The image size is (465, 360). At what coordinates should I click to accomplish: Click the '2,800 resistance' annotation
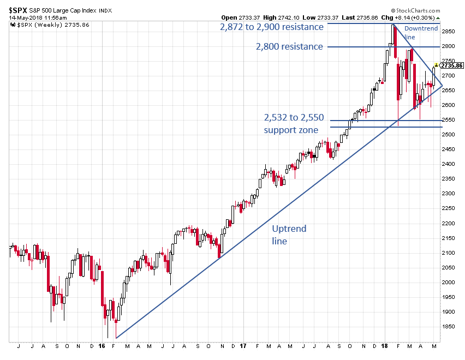point(289,47)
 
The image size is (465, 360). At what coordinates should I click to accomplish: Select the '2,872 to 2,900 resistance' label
point(272,27)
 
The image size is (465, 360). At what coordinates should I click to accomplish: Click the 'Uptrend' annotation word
point(289,229)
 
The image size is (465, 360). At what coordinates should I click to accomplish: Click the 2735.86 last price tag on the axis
point(451,65)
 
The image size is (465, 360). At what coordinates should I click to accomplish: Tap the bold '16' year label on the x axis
point(102,346)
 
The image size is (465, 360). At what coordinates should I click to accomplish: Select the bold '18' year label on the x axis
point(384,346)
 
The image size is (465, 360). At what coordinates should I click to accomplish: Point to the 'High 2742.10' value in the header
point(269,17)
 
